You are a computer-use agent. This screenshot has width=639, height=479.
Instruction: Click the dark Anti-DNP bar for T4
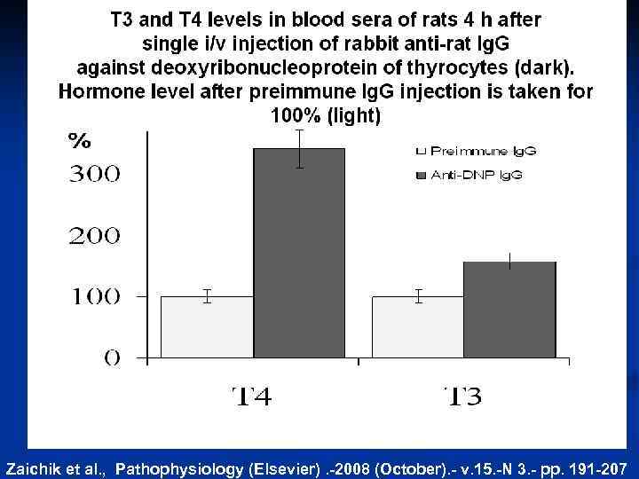299,253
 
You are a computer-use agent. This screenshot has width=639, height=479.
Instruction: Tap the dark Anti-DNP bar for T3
509,310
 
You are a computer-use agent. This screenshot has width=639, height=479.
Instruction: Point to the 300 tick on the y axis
95,175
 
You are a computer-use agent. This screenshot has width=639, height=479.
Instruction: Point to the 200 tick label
95,236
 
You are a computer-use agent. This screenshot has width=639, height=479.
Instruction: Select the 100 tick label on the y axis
95,296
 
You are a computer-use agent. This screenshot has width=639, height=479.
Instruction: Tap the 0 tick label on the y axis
113,357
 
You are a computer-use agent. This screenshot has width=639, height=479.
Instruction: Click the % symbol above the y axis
80,141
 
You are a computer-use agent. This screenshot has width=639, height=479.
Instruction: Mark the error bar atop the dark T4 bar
300,148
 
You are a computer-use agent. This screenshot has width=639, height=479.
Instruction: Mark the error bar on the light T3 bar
418,296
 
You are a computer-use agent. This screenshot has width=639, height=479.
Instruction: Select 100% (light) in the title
325,116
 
